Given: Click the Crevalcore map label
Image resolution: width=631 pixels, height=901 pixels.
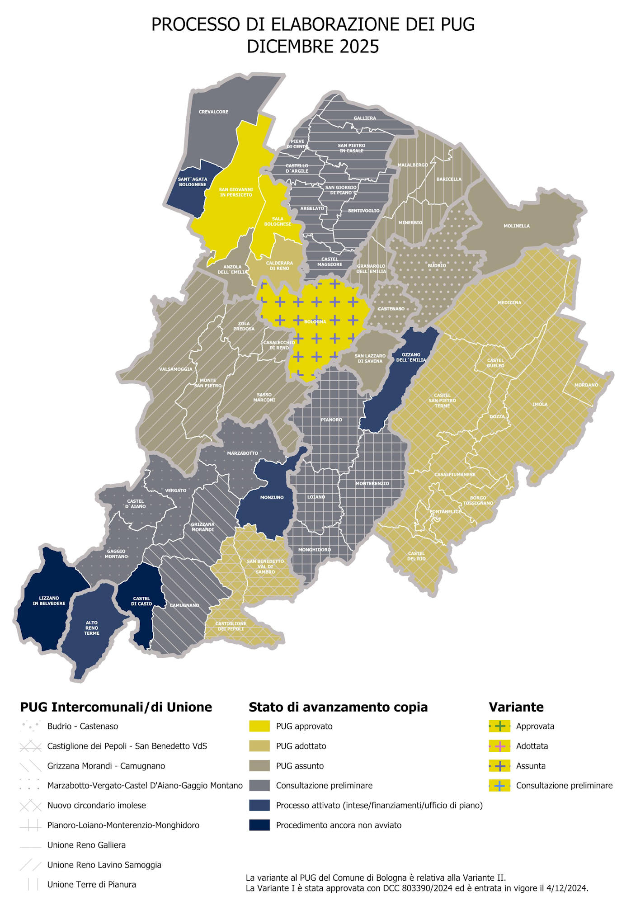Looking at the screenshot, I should point(213,112).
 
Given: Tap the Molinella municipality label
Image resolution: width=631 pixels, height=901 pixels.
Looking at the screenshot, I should point(517,226).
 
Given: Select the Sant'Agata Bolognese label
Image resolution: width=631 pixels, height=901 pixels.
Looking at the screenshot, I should point(193,182).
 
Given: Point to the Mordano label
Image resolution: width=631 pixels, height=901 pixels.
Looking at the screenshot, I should point(586,385).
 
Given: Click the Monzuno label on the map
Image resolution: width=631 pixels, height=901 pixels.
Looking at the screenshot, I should point(272,497).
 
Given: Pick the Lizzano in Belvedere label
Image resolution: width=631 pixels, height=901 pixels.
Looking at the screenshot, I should point(49,601).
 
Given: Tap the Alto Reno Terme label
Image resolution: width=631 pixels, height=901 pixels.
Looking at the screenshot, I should point(92,628).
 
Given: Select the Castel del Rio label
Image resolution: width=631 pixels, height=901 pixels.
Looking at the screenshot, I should point(416,556).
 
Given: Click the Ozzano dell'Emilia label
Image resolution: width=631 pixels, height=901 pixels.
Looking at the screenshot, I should point(411,357).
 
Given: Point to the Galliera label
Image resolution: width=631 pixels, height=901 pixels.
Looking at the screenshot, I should point(365,118).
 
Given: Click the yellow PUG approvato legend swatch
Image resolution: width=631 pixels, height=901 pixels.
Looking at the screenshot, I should point(259,726).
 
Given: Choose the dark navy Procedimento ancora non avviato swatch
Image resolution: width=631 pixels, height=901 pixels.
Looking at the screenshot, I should point(259,825).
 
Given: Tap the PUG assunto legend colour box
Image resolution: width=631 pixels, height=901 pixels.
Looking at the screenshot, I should point(259,766).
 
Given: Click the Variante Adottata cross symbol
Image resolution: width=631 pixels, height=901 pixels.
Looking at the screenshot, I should point(499,746).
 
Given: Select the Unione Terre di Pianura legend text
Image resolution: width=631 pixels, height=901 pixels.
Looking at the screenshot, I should point(92,885).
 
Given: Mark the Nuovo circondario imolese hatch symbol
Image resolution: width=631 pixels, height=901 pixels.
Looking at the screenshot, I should point(31,805).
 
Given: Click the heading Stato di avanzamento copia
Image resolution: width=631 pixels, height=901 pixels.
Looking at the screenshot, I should point(338,707).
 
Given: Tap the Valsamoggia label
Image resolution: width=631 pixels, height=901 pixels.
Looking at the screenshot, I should point(175,369).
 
